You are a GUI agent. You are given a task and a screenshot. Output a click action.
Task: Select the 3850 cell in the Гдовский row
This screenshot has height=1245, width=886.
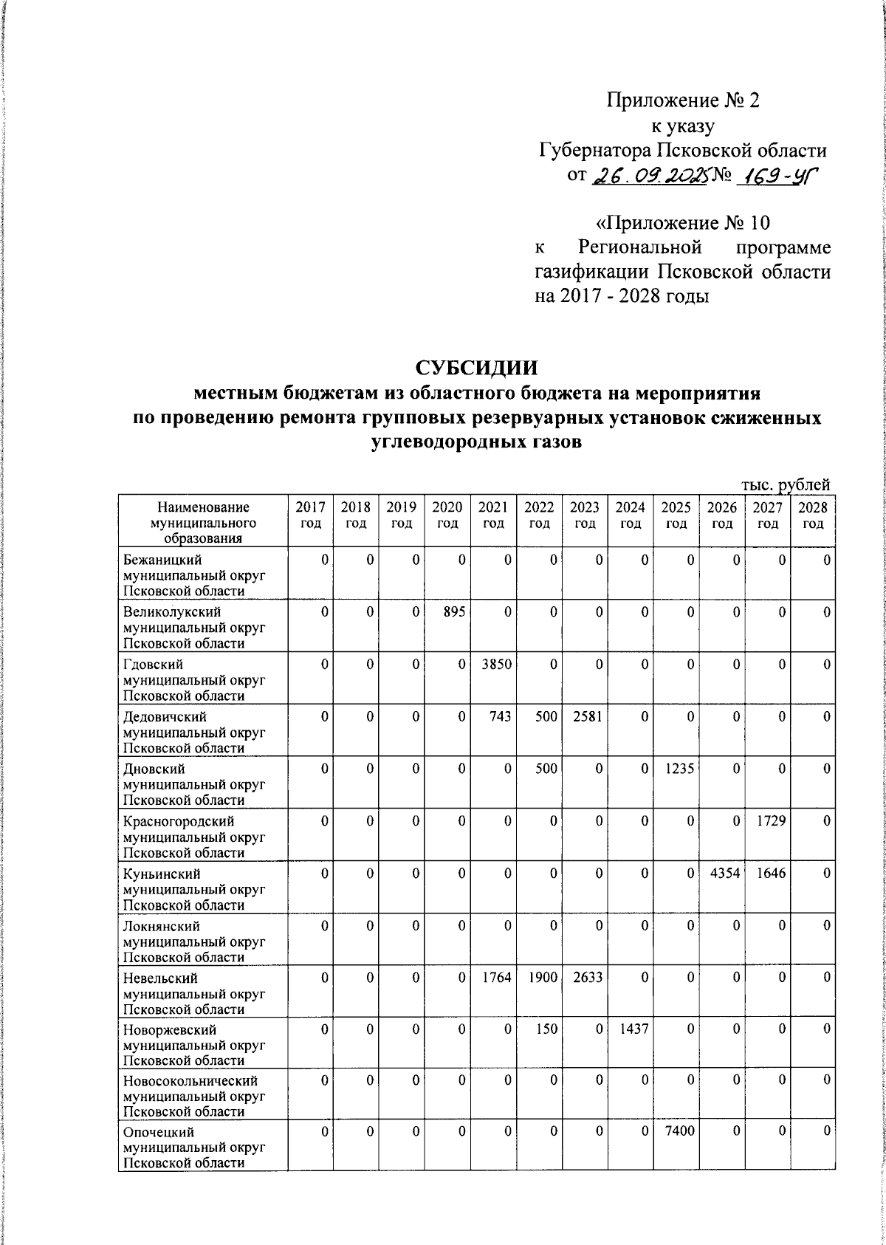point(496,665)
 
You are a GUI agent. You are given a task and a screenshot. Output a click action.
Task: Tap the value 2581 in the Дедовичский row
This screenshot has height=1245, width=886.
point(588,717)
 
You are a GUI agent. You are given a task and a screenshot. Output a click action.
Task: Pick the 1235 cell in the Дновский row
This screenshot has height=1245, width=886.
point(679,769)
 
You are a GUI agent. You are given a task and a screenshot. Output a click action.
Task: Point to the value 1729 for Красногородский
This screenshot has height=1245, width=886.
point(770,821)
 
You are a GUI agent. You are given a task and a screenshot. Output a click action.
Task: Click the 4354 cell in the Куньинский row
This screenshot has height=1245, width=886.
point(724,874)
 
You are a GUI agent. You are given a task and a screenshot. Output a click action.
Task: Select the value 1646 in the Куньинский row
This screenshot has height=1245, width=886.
point(770,874)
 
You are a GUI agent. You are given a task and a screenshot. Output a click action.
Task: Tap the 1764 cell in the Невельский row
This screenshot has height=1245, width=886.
point(496,978)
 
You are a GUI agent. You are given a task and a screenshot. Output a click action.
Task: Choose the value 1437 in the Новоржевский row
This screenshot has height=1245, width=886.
point(633,1029)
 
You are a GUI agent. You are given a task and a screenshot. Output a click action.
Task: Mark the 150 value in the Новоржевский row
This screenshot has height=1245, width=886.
point(546,1029)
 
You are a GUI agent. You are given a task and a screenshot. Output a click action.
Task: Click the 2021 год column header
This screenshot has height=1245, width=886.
point(493,515)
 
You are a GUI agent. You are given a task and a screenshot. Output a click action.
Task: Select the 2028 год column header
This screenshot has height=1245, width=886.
point(813,515)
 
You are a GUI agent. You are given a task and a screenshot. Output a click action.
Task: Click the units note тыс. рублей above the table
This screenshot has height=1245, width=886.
point(786,484)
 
